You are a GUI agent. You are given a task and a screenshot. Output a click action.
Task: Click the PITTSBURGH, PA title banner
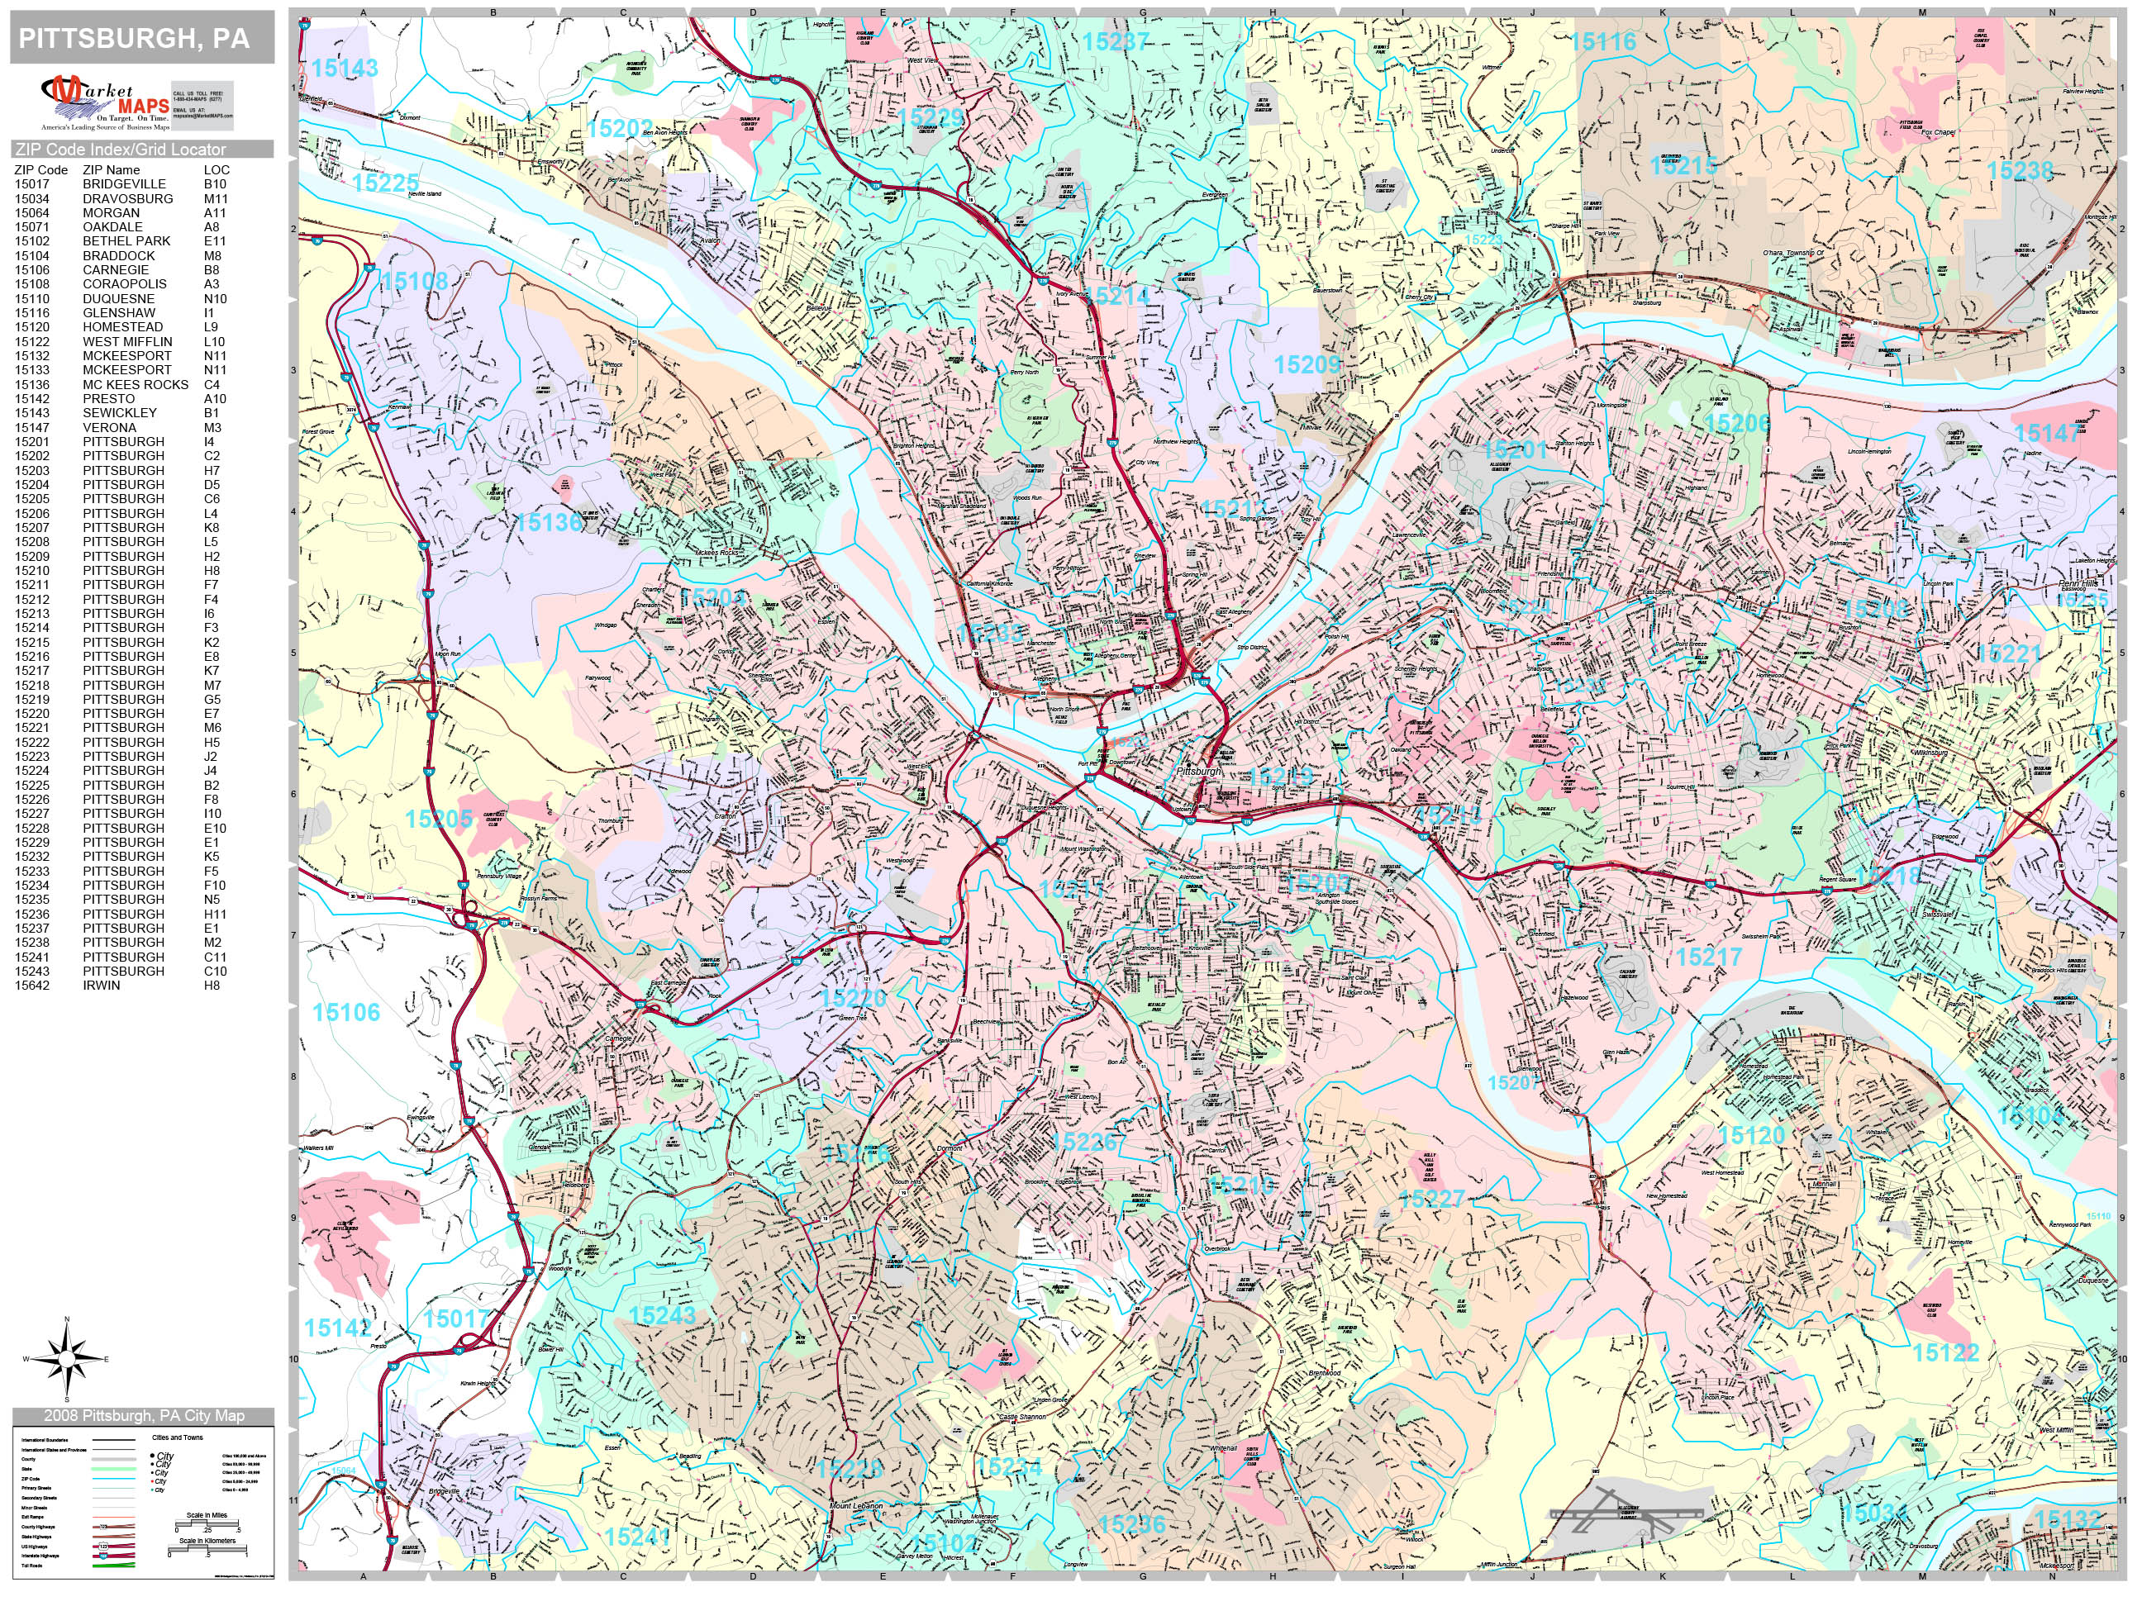pos(141,39)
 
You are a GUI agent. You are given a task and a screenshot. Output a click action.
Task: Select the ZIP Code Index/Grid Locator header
pos(121,149)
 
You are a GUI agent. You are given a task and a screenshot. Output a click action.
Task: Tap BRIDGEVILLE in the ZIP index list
pos(124,184)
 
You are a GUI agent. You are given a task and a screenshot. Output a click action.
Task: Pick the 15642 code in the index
pos(33,985)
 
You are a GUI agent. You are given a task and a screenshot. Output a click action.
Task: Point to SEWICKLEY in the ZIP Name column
pos(119,412)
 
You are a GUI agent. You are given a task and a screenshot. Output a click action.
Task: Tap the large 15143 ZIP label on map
pos(345,69)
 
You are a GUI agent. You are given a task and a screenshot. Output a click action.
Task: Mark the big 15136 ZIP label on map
pos(549,522)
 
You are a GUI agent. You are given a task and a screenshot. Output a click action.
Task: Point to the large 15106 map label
pos(345,1013)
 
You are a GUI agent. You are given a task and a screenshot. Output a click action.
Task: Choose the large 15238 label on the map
pos(2019,171)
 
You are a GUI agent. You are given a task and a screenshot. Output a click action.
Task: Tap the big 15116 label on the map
pos(1603,41)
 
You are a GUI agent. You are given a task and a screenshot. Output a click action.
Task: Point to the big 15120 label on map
pos(1751,1134)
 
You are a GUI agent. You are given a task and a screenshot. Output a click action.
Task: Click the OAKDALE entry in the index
pos(112,226)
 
